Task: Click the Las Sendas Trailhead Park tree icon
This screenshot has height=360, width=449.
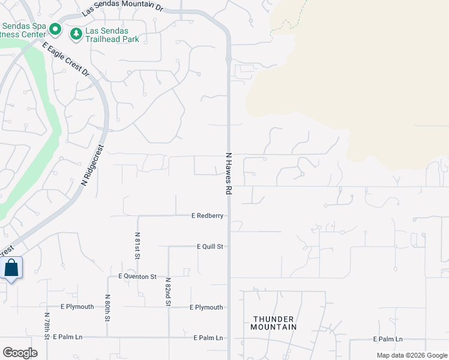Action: point(76,33)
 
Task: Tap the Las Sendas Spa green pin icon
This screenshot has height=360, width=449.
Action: point(55,29)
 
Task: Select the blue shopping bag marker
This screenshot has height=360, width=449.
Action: point(11,268)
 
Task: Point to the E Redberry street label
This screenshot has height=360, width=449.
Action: point(207,215)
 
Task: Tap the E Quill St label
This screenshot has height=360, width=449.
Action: point(209,247)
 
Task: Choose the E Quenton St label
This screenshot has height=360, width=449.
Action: point(137,277)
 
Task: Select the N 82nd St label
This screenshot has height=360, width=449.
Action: point(168,292)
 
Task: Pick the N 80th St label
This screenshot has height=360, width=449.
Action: point(107,307)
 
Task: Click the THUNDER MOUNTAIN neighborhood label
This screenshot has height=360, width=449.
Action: point(274,323)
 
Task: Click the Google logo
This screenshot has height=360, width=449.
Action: point(19,352)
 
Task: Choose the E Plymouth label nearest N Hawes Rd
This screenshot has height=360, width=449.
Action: point(206,308)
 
